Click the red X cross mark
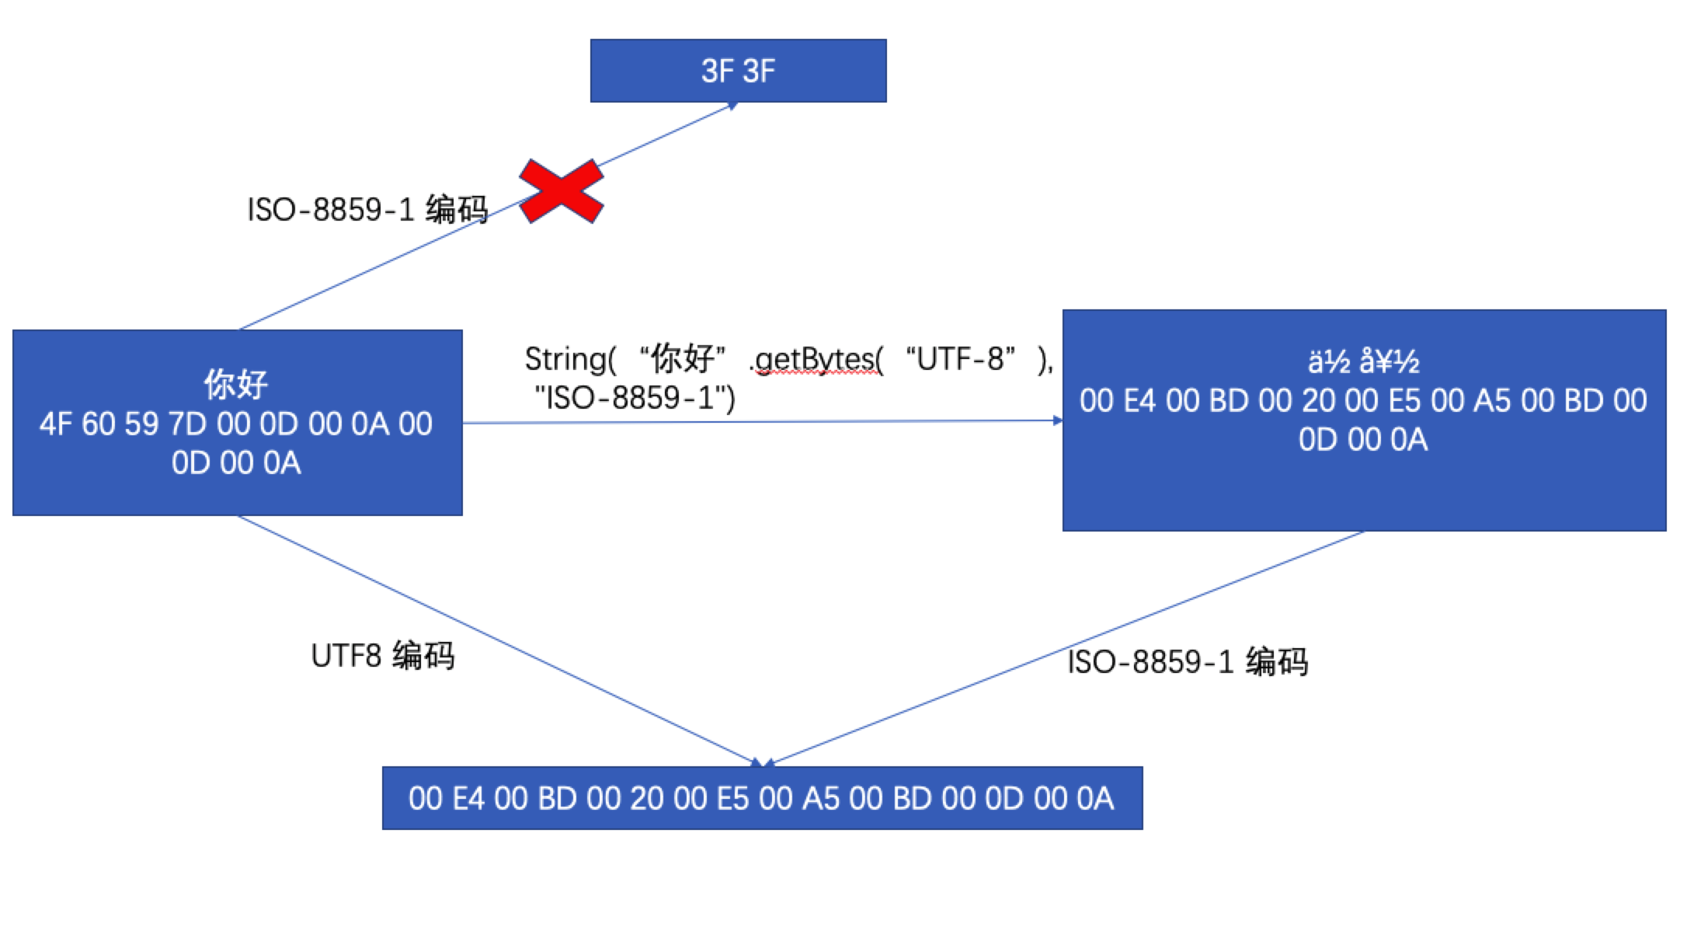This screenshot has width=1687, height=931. (561, 191)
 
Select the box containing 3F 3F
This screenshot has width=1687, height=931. (738, 71)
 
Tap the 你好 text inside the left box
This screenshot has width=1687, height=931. (236, 383)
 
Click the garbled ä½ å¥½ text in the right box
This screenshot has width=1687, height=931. (1364, 361)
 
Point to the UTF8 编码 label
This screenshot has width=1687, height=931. (382, 656)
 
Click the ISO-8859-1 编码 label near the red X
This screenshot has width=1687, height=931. (367, 210)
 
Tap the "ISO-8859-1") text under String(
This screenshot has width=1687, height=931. (635, 398)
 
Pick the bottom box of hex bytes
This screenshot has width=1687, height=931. (762, 798)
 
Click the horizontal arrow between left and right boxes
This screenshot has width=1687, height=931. (761, 422)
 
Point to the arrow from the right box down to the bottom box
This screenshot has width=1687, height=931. (1064, 647)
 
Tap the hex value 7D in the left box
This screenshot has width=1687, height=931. (187, 424)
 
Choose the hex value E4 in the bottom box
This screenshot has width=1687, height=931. (468, 799)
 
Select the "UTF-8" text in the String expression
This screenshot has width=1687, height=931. (965, 359)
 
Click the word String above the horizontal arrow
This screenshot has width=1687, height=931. (565, 359)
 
